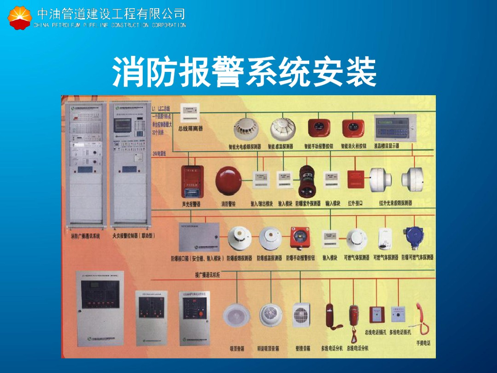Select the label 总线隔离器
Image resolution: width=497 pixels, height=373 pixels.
coord(190,129)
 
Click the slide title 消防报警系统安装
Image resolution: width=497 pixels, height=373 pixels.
coord(245,71)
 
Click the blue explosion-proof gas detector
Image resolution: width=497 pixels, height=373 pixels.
coord(414,237)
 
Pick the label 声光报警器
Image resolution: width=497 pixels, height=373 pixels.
coord(191,204)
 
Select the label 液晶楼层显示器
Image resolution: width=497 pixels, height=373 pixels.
coord(386,145)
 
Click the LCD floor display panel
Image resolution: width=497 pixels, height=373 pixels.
coord(395,127)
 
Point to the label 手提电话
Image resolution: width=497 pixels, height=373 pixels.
coord(423,343)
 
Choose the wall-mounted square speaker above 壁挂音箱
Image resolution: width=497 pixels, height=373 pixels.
coord(301,315)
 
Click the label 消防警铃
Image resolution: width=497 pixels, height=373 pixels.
coord(229,204)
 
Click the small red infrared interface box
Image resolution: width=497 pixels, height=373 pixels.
coord(355,180)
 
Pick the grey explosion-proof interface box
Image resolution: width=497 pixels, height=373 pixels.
coord(199,237)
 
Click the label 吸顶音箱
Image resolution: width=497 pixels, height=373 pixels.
coord(237,348)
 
